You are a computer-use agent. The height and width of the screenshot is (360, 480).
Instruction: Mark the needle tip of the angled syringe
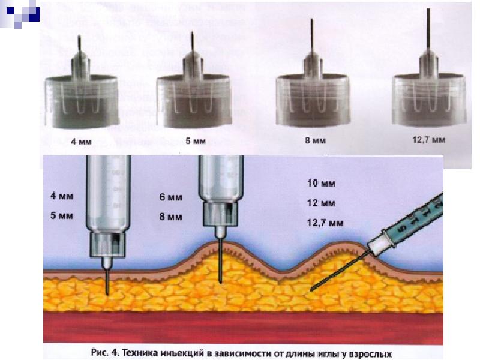coord(310,290)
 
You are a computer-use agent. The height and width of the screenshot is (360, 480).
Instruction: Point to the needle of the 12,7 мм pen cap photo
coord(428,33)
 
